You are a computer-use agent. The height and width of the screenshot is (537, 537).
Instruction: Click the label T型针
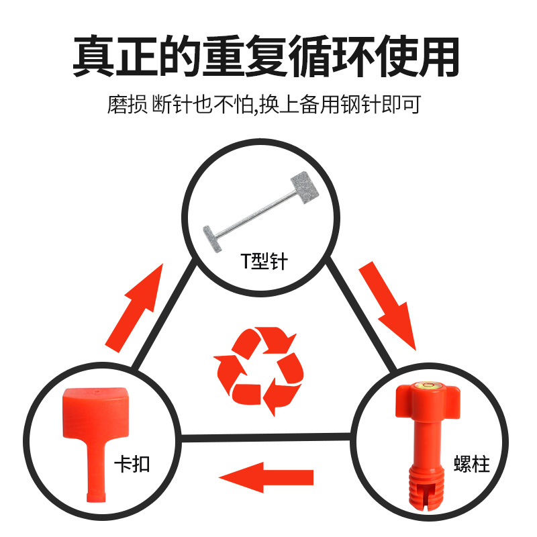[264, 262]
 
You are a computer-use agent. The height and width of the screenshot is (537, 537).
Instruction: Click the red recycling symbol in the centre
[259, 370]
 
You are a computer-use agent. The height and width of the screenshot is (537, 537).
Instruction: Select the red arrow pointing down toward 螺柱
[389, 306]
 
